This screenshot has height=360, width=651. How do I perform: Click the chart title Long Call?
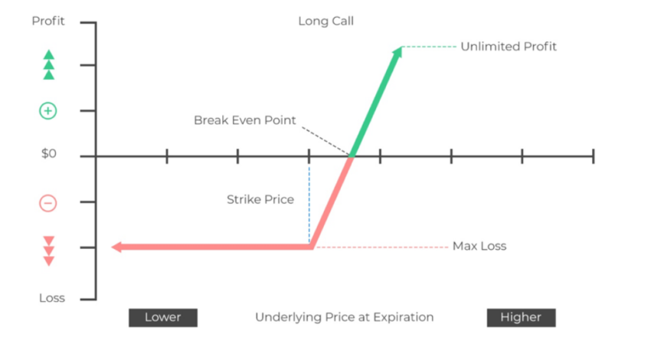[326, 21]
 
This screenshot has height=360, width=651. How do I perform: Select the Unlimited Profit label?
[509, 47]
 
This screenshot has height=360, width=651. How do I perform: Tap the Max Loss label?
[479, 246]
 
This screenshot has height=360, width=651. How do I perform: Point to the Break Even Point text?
[244, 120]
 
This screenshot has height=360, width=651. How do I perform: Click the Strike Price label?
[260, 200]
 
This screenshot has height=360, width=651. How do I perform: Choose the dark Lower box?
[163, 318]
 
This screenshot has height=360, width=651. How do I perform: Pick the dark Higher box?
[521, 318]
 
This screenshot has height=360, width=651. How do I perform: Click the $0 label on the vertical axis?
[48, 154]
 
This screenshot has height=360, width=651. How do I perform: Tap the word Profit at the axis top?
[48, 21]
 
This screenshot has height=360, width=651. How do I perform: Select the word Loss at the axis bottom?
[52, 298]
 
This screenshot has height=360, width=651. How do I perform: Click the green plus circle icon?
[48, 111]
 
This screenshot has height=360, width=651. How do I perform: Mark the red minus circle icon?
[48, 204]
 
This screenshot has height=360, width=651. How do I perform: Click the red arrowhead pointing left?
[116, 247]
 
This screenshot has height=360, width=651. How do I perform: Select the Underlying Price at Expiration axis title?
[344, 318]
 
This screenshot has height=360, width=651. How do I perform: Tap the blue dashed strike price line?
[309, 205]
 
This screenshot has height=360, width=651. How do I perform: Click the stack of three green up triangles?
[49, 65]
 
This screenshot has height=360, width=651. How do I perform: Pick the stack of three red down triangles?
[49, 251]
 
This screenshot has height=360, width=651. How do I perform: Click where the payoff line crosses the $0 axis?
[352, 156]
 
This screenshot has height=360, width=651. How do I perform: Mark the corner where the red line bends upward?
[312, 247]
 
